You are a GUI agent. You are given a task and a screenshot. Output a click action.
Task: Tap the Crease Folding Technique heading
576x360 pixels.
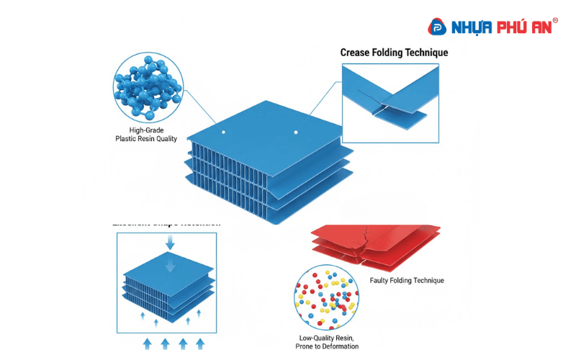[394, 53]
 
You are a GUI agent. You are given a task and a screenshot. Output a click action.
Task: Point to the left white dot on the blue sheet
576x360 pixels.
[223, 132]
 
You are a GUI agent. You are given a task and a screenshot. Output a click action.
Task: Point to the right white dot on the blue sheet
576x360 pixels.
[295, 132]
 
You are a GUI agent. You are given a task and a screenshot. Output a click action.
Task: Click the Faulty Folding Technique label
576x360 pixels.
[407, 280]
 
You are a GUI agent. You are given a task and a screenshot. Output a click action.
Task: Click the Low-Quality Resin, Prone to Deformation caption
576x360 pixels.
[328, 342]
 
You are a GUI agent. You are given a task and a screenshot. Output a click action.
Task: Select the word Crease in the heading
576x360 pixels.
[357, 53]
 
